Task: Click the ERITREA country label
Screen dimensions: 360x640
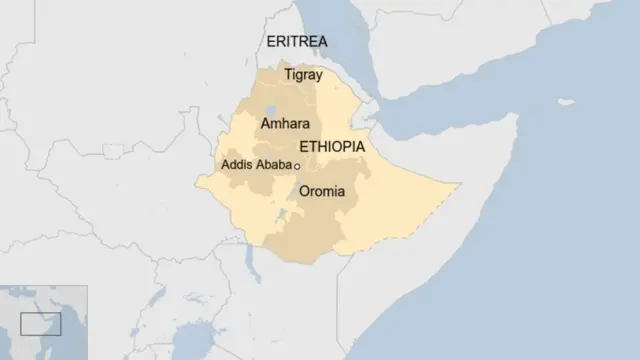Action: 296,41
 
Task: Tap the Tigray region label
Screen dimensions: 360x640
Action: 302,75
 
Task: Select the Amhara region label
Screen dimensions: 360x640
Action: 283,124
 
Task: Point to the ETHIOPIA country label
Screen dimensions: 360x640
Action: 332,147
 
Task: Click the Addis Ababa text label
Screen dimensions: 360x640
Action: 256,165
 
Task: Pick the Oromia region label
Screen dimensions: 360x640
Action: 322,190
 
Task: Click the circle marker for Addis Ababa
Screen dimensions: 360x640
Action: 298,166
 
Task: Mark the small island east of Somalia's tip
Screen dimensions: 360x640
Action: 566,102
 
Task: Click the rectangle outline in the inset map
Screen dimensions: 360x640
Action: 41,324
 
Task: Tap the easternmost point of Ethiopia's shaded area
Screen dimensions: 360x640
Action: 459,184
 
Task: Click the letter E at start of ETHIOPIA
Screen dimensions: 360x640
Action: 304,147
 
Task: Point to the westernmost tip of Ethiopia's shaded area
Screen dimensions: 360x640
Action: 197,181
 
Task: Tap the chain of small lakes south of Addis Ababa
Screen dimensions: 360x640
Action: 289,215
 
